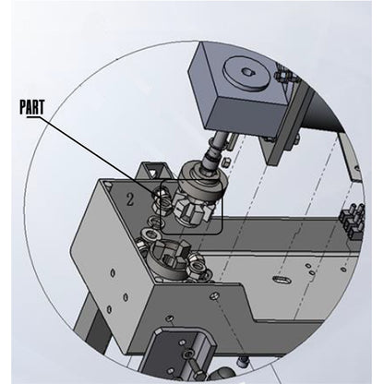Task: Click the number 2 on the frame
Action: (131, 196)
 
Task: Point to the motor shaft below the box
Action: (221, 147)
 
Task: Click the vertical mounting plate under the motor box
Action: (277, 148)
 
